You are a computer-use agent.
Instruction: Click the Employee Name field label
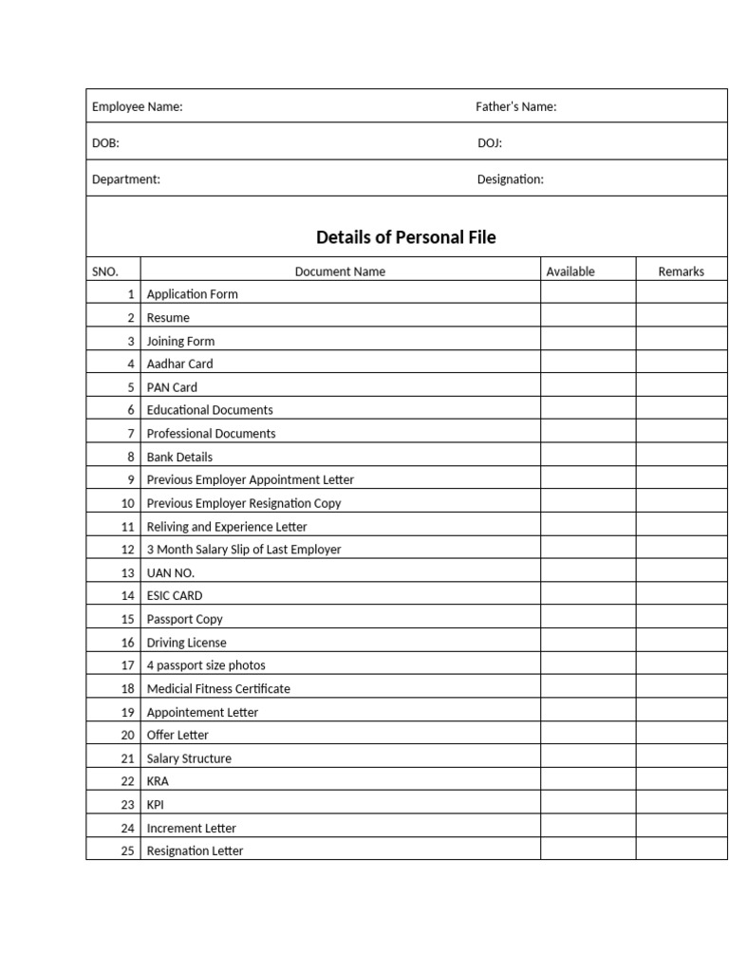coord(137,107)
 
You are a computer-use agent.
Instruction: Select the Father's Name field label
coord(515,107)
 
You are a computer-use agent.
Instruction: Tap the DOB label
coord(105,143)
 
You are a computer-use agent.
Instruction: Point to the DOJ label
coord(489,143)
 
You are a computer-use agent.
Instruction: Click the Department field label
coord(125,179)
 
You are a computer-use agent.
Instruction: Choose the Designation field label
coord(510,179)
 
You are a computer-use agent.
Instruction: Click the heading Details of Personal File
coord(405,237)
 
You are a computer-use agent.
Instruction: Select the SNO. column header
coord(105,271)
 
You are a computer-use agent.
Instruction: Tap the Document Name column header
coord(340,271)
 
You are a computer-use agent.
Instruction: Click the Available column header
coord(570,271)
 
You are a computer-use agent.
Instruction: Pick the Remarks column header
coord(681,271)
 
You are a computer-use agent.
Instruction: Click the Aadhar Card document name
coord(179,364)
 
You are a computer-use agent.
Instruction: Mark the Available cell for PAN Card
coord(588,387)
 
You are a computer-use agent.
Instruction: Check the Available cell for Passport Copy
coord(588,619)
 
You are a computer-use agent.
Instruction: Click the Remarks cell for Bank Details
coord(681,457)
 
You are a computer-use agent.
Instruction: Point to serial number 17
coord(127,665)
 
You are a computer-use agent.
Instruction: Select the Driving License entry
coord(186,643)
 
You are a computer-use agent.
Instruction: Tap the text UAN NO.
coord(170,573)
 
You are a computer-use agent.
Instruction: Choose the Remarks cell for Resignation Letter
coord(681,850)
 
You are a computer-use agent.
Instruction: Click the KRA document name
coord(158,781)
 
